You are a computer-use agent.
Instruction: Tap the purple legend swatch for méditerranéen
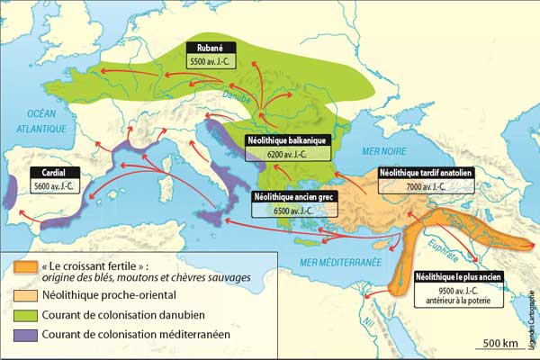click(27, 335)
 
